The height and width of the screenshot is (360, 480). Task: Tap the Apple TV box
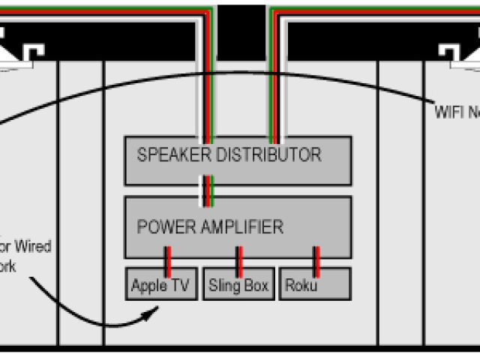point(160,285)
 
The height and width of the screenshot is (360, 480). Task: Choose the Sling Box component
point(238,285)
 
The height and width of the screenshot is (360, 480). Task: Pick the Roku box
point(315,285)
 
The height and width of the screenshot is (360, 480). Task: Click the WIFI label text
point(448,112)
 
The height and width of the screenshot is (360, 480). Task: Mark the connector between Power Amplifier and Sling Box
point(239,258)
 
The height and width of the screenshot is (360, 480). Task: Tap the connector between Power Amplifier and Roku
point(316,258)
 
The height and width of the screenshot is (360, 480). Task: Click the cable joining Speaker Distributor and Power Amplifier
point(206,190)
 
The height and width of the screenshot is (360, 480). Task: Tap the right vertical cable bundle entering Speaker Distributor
point(274,82)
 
